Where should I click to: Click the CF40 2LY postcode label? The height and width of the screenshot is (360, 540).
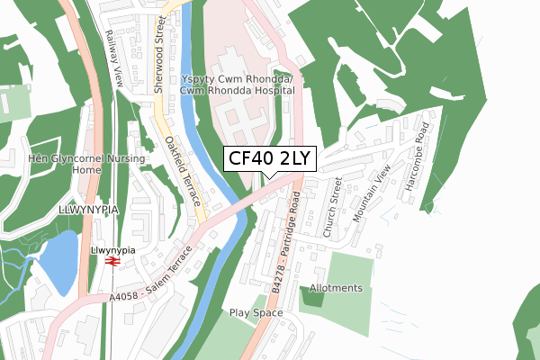click(x=269, y=158)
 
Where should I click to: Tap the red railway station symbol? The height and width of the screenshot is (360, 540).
click(x=112, y=261)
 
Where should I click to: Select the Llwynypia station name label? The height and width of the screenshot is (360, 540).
click(x=112, y=248)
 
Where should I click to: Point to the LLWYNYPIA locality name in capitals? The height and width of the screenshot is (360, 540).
click(x=89, y=209)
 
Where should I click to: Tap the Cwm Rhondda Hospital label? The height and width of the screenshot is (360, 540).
click(x=238, y=85)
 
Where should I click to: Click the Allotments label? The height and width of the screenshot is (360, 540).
click(x=336, y=288)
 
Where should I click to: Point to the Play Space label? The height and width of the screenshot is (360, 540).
click(x=256, y=313)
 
